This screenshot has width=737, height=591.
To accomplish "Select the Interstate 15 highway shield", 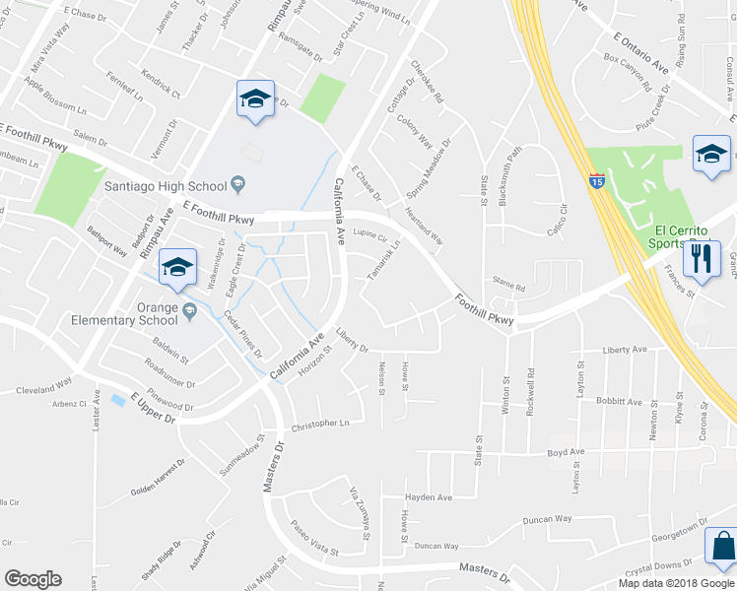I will (x=597, y=181).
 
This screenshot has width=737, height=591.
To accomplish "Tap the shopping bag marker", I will (x=722, y=548).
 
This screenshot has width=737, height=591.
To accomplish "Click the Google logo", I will (x=33, y=579).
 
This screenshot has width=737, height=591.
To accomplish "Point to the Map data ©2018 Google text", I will (x=675, y=583).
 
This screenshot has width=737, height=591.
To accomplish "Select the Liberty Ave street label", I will (x=625, y=350).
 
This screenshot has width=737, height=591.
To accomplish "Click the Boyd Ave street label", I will (x=567, y=452).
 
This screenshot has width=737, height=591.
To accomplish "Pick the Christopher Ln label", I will (x=320, y=425).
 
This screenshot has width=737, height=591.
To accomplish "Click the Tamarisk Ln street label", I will (x=384, y=257).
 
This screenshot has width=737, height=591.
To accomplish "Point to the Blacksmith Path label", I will (x=510, y=172).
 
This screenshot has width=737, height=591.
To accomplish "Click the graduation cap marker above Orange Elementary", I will (x=177, y=269).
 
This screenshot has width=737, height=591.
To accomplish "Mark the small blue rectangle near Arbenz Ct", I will (x=119, y=400).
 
